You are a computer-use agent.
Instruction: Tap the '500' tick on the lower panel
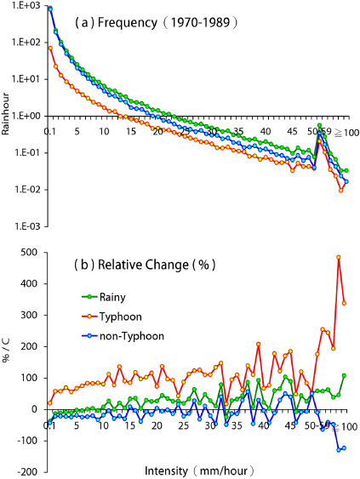33,252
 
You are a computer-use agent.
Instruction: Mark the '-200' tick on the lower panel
31,471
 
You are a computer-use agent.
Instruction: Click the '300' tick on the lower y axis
33,315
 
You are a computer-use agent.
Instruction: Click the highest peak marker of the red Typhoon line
339,257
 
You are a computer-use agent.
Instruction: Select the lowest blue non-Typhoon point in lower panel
339,449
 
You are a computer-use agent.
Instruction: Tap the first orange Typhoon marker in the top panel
50,48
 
